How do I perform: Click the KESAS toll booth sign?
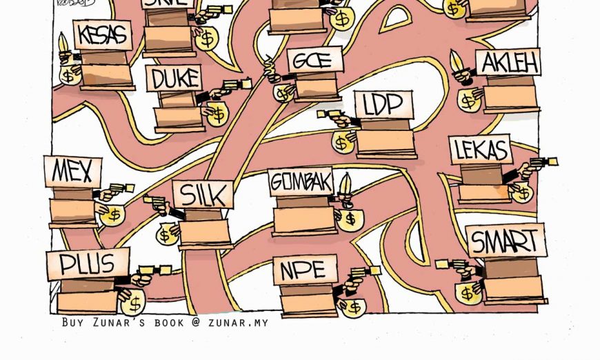102,34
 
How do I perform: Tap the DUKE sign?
174,78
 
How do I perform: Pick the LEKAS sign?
481,150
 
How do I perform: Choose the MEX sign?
72,171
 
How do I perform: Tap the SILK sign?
203,194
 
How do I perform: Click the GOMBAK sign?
301,181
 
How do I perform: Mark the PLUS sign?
88,263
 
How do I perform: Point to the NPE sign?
305,270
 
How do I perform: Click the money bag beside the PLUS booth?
132,301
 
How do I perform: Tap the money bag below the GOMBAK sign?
350,219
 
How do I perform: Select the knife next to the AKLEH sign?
456,63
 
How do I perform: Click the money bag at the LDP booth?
342,143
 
